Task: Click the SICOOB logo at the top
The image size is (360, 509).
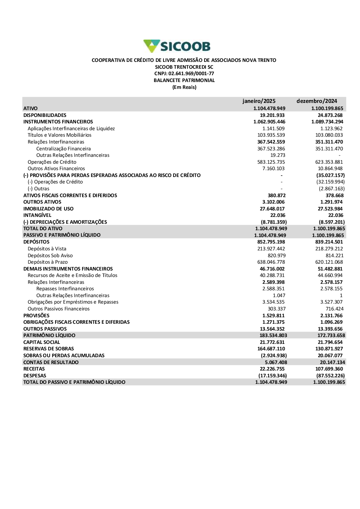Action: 177,46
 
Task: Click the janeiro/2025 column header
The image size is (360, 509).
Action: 259,101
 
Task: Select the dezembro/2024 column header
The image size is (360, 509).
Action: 317,101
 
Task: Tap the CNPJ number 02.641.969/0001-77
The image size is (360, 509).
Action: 191,74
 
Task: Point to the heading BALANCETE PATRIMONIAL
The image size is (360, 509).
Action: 184,81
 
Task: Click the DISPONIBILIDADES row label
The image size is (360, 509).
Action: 45,115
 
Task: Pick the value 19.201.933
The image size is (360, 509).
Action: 272,115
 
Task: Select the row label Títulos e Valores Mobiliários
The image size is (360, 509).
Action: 59,135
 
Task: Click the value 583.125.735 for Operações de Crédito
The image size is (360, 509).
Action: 271,162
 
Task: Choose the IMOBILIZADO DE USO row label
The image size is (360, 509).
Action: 48,209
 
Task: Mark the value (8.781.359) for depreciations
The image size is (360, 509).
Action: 274,222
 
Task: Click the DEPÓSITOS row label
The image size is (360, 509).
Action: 36,242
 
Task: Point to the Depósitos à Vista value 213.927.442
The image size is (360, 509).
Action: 271,249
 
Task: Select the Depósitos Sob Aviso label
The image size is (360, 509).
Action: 50,256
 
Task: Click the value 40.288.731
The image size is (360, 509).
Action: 271,276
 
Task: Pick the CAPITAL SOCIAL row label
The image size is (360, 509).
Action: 42,342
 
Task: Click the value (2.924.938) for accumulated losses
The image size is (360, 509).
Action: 274,356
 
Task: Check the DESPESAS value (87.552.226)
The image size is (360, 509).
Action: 330,376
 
